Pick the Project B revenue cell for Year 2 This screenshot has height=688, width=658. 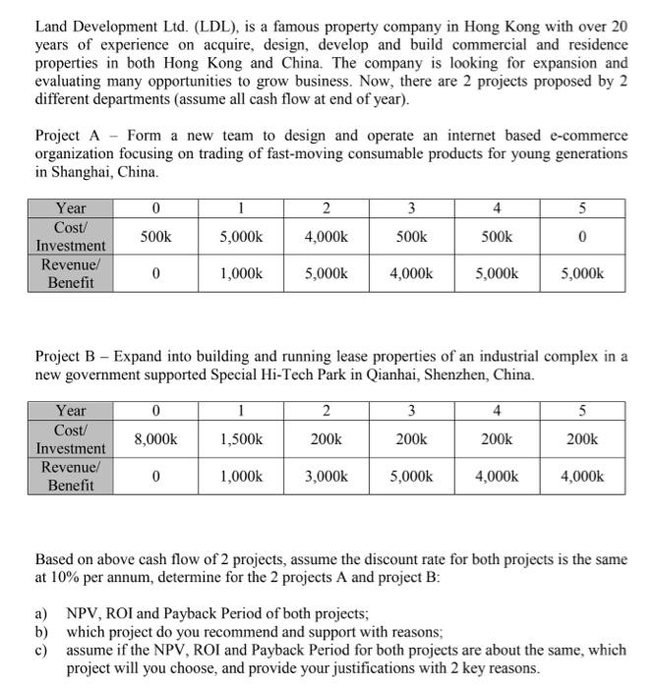[326, 477]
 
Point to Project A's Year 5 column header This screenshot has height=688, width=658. [583, 208]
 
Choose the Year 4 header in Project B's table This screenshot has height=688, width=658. [498, 411]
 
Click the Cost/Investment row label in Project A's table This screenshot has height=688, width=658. [71, 236]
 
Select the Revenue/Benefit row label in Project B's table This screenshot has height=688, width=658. [71, 477]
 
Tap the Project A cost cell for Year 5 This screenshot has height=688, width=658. [583, 237]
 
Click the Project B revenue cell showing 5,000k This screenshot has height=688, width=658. [412, 477]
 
